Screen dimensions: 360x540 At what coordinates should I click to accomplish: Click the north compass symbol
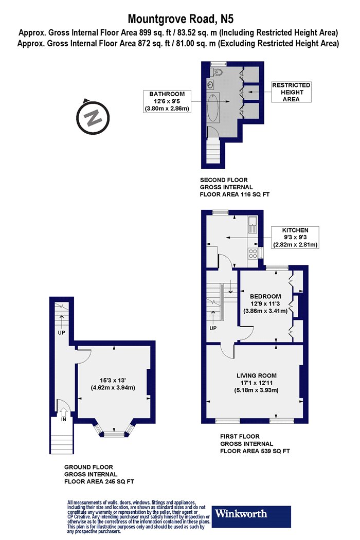(x=93, y=117)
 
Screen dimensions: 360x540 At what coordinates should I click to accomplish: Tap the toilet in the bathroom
(x=217, y=72)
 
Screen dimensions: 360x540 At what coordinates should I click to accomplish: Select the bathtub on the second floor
(x=213, y=107)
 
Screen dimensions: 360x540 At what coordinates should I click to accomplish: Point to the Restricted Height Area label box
(x=291, y=92)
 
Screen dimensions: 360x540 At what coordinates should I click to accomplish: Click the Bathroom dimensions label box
(x=167, y=101)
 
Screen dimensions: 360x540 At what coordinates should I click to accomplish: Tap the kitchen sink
(x=253, y=225)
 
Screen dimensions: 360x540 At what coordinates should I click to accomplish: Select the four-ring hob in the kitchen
(x=253, y=254)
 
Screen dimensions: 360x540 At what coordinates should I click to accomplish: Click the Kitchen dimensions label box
(x=295, y=237)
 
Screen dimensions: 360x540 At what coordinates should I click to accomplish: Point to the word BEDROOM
(x=265, y=296)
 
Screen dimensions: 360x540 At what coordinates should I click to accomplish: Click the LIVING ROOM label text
(x=256, y=375)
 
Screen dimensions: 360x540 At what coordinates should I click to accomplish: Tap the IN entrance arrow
(x=64, y=412)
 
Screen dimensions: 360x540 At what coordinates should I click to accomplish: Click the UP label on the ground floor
(x=61, y=333)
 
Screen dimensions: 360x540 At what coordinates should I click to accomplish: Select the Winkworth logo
(x=251, y=516)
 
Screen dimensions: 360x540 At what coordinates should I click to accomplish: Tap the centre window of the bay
(x=113, y=435)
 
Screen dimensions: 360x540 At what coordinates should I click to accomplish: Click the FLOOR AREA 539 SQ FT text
(x=255, y=451)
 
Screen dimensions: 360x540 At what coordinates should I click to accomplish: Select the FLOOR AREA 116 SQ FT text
(x=235, y=194)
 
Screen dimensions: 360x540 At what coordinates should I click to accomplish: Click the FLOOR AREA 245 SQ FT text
(x=99, y=481)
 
